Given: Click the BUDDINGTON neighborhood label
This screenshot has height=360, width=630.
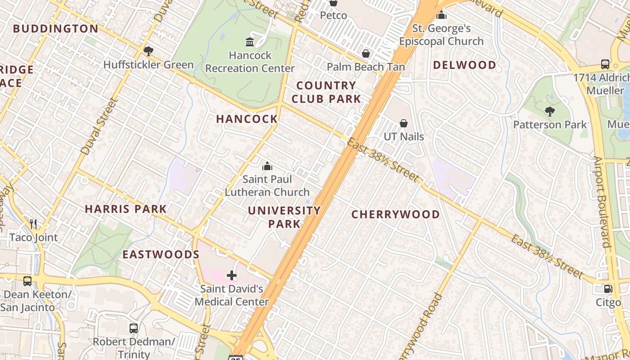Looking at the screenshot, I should click(x=55, y=29).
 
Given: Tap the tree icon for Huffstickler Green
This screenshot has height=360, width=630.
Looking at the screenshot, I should click(x=148, y=51).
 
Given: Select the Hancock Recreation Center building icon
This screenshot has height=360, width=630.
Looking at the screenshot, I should click(x=250, y=42).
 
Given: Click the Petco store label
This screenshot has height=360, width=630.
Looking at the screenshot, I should click(x=333, y=15).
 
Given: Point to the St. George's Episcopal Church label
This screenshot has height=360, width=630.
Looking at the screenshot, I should click(x=441, y=35).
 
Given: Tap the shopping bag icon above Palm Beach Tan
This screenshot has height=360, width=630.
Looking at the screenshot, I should click(x=366, y=54).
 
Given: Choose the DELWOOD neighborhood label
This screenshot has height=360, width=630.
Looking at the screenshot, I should click(x=464, y=65).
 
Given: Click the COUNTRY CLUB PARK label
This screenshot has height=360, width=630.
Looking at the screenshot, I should click(x=326, y=92).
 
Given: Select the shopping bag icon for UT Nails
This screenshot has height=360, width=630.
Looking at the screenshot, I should click(x=404, y=123).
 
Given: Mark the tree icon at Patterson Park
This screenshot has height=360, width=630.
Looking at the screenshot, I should click(x=549, y=112).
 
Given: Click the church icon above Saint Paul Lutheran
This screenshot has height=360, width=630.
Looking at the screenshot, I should click(x=267, y=166).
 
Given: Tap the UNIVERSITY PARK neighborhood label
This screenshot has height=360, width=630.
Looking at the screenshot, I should click(x=284, y=217).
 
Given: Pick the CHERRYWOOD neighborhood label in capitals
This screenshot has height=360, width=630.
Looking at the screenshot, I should click(x=396, y=214).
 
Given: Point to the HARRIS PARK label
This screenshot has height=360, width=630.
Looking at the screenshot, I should click(x=126, y=209).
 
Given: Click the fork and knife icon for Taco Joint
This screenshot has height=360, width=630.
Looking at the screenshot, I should click(x=33, y=224).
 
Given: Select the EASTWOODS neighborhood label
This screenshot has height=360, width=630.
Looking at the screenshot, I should click(x=161, y=254).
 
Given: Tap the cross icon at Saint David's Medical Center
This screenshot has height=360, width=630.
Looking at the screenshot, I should click(x=232, y=275).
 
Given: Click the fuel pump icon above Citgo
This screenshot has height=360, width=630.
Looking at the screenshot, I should click(x=608, y=289).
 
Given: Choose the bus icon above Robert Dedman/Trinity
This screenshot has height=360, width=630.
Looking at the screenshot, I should click(x=134, y=328).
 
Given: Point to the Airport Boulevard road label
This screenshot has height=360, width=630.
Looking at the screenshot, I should click(x=602, y=202).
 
